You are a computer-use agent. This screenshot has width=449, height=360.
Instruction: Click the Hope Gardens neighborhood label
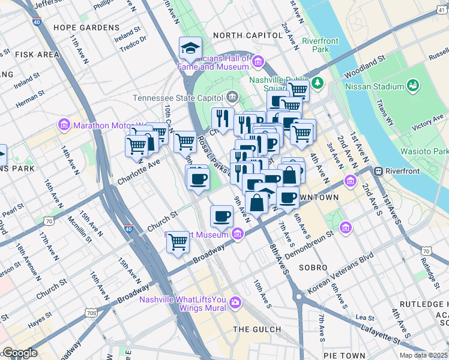pos(86,28)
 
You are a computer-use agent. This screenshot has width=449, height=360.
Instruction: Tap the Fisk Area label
pos(37,55)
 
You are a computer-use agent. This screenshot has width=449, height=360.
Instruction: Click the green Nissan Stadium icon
pos(412,86)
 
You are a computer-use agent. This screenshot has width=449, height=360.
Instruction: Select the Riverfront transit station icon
pos(379,171)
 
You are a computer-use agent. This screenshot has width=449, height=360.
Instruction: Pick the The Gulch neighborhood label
pos(257,329)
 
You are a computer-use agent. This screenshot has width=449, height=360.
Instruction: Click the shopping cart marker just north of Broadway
pos(178,242)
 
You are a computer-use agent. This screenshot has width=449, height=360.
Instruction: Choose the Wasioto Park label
pos(430,151)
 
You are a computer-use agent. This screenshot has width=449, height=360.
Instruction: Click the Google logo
pos(19,353)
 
